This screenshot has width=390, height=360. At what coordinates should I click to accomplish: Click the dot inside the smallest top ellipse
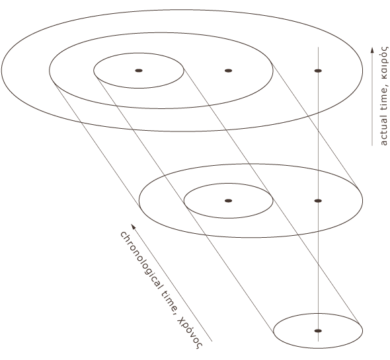click(139, 71)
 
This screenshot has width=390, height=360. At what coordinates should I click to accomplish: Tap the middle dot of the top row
click(228, 71)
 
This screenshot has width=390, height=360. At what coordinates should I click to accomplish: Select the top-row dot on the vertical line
click(318, 71)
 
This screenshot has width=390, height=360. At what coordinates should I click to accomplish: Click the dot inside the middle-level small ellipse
click(228, 201)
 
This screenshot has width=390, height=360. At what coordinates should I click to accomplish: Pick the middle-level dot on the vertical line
click(318, 201)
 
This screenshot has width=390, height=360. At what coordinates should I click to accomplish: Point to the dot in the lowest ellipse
click(318, 331)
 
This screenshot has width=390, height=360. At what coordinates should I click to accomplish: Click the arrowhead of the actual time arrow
click(372, 50)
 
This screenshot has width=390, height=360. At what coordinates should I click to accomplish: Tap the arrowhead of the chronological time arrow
click(134, 227)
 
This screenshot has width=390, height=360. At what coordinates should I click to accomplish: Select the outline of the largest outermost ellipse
click(182, 10)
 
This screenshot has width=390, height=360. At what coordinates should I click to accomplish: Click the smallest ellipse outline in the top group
click(139, 53)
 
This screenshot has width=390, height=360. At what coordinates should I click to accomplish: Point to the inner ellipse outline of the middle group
click(228, 183)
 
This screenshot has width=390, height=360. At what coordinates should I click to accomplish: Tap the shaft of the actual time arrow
click(372, 99)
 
